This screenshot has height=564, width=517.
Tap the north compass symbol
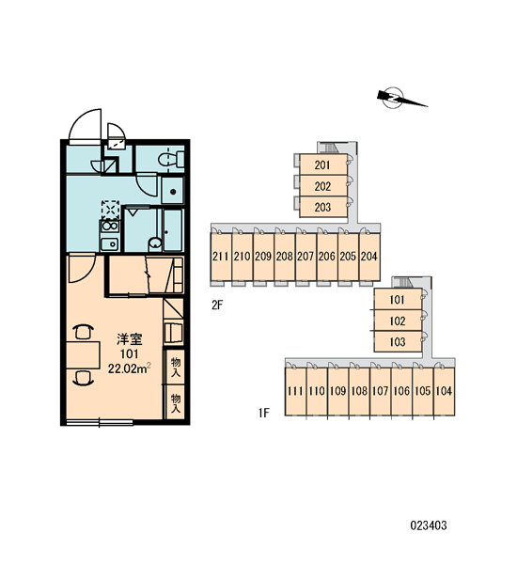pyautogui.click(x=399, y=98)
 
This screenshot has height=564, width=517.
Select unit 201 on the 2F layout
pyautogui.click(x=323, y=164)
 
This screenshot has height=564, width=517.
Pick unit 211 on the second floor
pyautogui.click(x=221, y=257)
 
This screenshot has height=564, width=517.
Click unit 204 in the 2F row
pyautogui.click(x=369, y=257)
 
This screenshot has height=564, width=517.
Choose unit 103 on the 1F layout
pyautogui.click(x=398, y=341)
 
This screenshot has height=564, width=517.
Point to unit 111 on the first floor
pyautogui.click(x=295, y=391)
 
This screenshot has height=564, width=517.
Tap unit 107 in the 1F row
pyautogui.click(x=381, y=391)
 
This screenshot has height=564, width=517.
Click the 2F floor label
pyautogui.click(x=217, y=305)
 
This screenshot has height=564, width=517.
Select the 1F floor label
pyautogui.click(x=264, y=413)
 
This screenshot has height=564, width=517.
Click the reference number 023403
pyautogui.click(x=429, y=525)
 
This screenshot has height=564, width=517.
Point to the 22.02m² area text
pyautogui.click(x=130, y=368)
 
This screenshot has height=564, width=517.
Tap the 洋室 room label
pyautogui.click(x=130, y=339)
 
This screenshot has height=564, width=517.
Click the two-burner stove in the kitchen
pyautogui.click(x=111, y=227)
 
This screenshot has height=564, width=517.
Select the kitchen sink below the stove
pyautogui.click(x=110, y=244)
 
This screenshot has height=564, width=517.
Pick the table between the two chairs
pyautogui.click(x=83, y=355)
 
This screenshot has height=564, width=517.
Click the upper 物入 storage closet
pyautogui.click(x=175, y=367)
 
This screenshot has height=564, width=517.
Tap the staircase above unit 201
pyautogui.click(x=330, y=148)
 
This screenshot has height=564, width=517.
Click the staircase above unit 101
pyautogui.click(x=404, y=283)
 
